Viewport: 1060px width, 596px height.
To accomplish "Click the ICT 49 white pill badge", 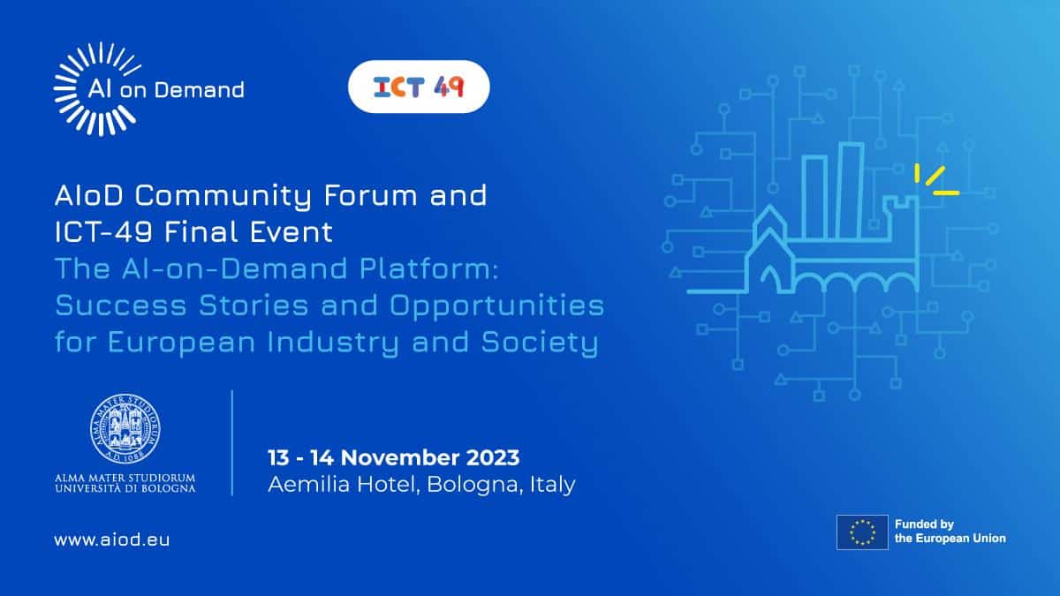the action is [x=419, y=87].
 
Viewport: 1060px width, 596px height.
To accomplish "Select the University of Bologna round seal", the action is [x=125, y=428].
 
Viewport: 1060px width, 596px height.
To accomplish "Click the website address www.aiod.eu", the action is [x=112, y=539].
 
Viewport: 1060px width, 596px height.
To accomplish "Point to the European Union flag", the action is [x=862, y=532].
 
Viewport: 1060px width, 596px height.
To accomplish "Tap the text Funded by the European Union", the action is [x=950, y=532].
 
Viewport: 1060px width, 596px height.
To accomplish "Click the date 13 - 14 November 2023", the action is [x=394, y=457].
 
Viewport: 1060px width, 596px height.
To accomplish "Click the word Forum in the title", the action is [x=370, y=195].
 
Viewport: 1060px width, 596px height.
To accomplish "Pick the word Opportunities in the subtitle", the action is [x=496, y=306].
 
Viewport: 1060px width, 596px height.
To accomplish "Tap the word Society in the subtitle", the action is [x=540, y=343].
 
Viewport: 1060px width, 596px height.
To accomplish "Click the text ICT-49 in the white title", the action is [x=103, y=231].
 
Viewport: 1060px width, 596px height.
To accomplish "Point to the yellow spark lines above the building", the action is [x=936, y=180].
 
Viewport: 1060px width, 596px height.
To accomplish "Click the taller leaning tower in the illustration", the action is [x=851, y=191].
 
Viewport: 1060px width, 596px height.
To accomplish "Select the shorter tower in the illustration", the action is [x=814, y=198].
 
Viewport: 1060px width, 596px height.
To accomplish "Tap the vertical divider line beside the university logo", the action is [x=232, y=442].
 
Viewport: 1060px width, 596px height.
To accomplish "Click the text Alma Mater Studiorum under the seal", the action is [x=125, y=478].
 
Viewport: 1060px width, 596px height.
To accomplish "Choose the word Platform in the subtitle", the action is [x=428, y=268].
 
